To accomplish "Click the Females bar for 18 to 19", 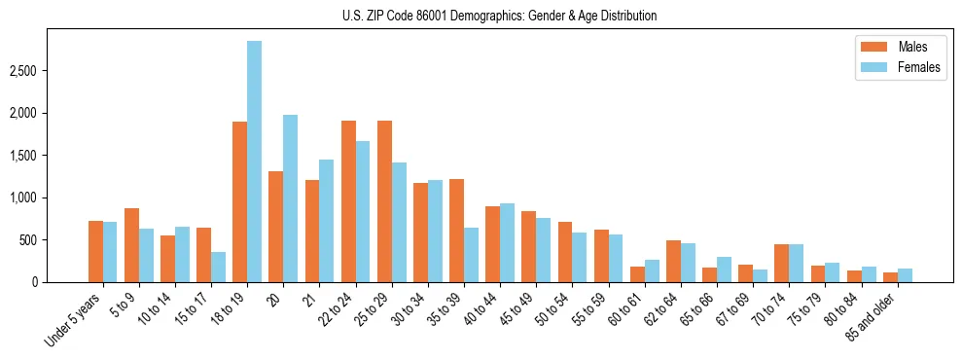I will tap(254, 162).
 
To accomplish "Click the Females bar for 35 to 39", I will tap(471, 255).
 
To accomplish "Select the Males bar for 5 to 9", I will tap(131, 245).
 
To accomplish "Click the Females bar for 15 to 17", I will tap(218, 267).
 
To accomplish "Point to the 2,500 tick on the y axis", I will tap(51, 71).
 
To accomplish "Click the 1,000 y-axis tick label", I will tap(51, 198).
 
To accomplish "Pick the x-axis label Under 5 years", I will tap(75, 322).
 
